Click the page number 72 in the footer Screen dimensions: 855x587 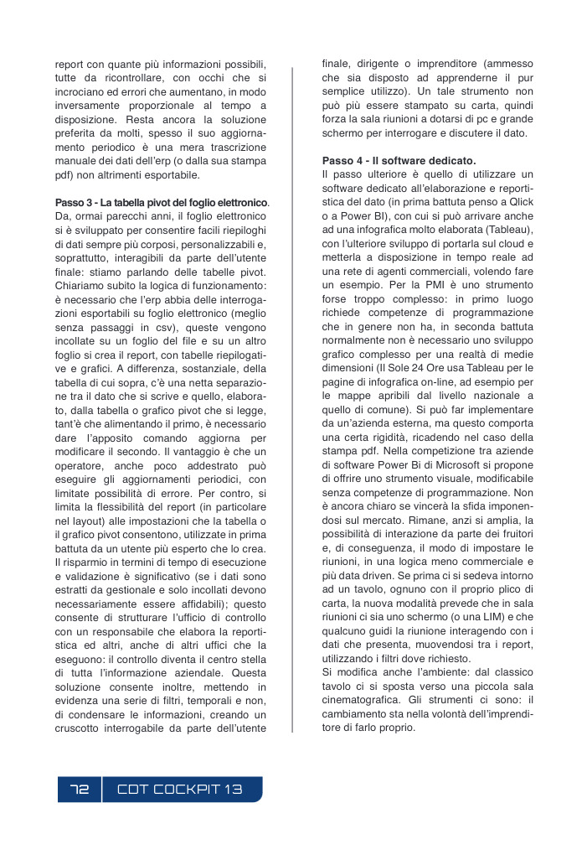(x=80, y=790)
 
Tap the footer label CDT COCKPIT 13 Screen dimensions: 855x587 (x=179, y=790)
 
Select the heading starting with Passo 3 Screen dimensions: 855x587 (x=162, y=204)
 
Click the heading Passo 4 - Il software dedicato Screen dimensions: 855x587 (x=399, y=160)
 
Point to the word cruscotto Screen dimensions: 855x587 (x=81, y=728)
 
